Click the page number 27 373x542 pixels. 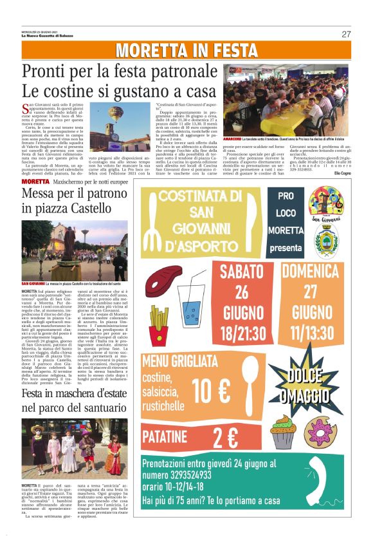click(346, 34)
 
